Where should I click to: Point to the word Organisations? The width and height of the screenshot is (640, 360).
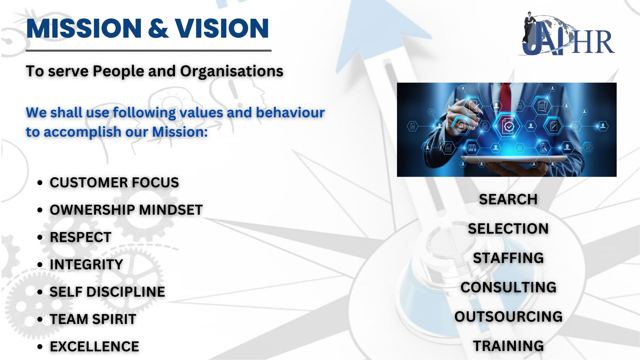[x=232, y=71]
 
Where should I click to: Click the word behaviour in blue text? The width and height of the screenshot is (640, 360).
[x=290, y=112]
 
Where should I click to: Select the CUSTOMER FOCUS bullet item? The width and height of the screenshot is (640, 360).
[x=114, y=183]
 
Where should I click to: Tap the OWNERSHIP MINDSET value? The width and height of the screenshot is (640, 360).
[x=126, y=210]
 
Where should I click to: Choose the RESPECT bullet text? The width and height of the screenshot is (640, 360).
[x=80, y=237]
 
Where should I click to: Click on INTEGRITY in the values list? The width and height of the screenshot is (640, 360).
[x=86, y=265]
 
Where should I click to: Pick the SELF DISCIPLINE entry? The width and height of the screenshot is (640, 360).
[x=107, y=292]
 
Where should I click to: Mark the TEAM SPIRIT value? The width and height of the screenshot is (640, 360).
[x=93, y=319]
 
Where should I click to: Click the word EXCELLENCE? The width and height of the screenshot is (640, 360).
[x=94, y=347]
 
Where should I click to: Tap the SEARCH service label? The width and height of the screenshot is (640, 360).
[x=508, y=199]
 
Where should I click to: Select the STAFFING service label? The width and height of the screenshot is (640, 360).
[x=508, y=258]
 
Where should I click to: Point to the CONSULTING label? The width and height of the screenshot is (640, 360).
[x=508, y=287]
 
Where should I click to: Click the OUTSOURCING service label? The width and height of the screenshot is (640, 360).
[x=508, y=317]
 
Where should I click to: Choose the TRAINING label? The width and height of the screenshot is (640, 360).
[x=508, y=346]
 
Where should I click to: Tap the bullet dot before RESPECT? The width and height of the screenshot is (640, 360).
[x=40, y=238]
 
